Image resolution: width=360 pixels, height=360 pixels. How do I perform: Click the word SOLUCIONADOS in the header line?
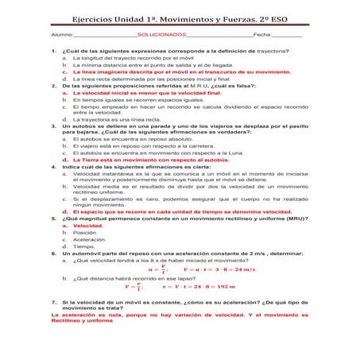point(161,37)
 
